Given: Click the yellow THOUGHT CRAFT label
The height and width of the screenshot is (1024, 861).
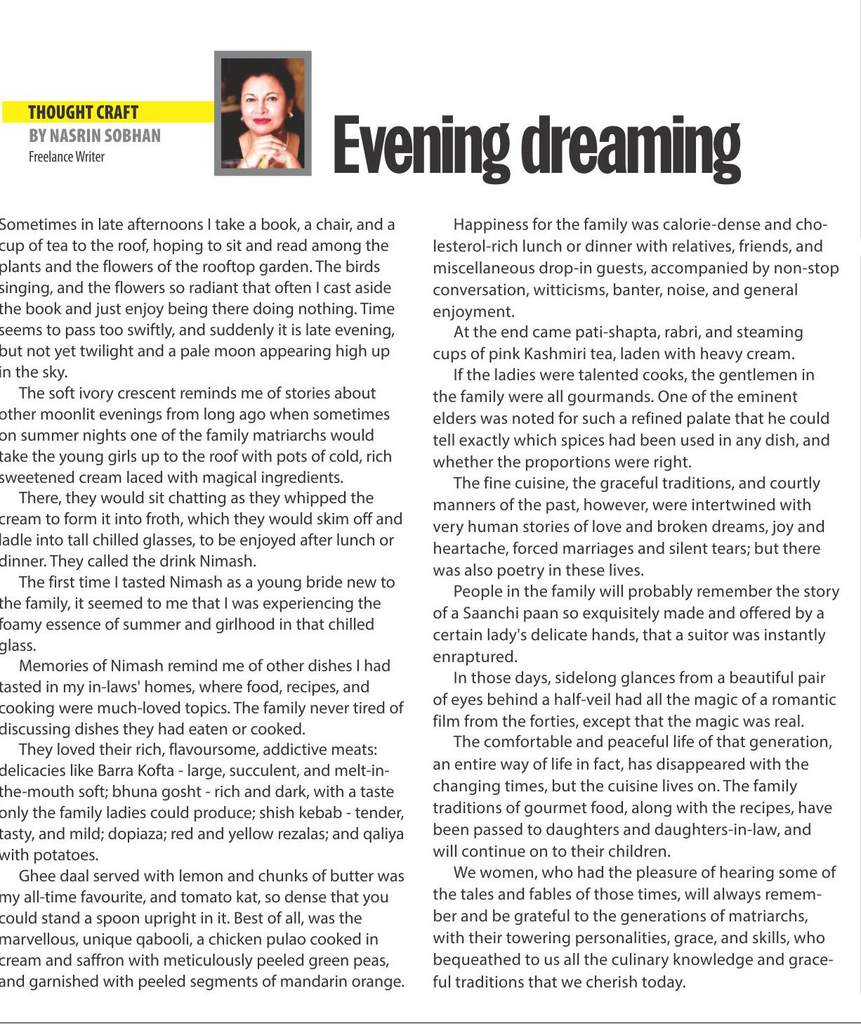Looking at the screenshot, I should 83,112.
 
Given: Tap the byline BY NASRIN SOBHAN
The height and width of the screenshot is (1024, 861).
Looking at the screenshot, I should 94,136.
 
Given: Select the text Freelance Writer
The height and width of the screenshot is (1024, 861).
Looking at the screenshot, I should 66,157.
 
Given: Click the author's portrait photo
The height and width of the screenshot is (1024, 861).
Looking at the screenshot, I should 263,113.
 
